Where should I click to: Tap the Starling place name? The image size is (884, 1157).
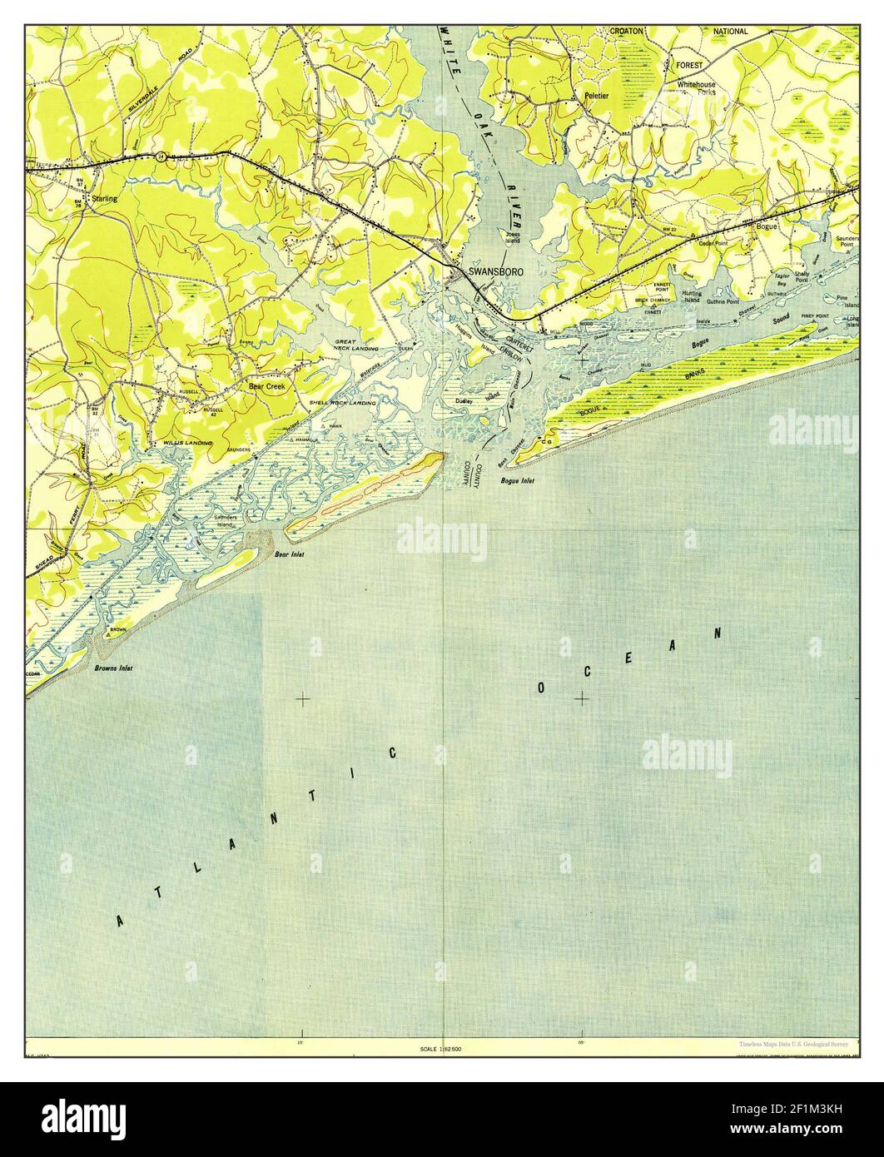104,200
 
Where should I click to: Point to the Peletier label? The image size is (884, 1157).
596,96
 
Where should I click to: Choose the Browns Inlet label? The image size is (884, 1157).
114,668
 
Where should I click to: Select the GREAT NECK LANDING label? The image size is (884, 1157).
357,345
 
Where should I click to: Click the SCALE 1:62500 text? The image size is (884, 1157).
442,1049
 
